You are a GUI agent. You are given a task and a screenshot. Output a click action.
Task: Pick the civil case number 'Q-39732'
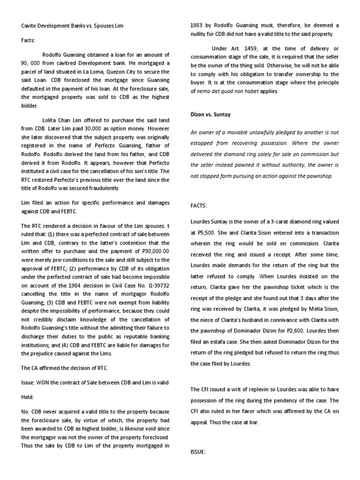click(x=158, y=286)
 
